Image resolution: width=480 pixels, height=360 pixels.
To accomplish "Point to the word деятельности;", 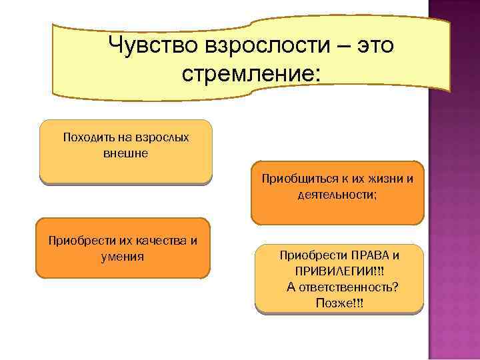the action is [337, 195].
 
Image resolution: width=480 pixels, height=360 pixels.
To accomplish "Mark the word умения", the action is [123, 255].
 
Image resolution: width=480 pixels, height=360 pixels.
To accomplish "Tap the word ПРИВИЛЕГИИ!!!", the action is [339, 271].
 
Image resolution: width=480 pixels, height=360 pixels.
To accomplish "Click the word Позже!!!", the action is [339, 303].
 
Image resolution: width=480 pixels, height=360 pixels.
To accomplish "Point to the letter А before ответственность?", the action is [291, 287].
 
